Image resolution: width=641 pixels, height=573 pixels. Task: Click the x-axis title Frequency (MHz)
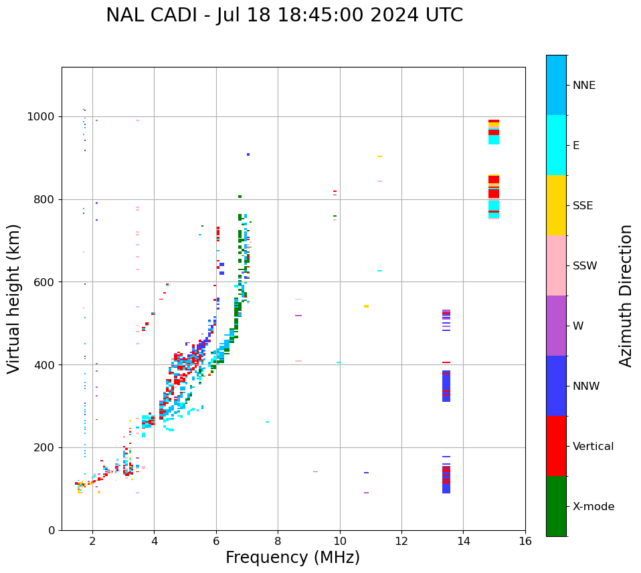click(x=292, y=558)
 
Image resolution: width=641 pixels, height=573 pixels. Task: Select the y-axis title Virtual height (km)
click(x=14, y=299)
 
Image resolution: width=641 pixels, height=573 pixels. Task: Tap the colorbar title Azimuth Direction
click(x=626, y=296)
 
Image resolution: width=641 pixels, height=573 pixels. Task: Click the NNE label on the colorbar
click(x=584, y=86)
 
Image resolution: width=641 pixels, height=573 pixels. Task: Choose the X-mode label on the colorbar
click(x=593, y=507)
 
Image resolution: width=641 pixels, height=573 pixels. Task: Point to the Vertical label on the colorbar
click(x=593, y=447)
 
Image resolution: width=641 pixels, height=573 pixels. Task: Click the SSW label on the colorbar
click(x=585, y=266)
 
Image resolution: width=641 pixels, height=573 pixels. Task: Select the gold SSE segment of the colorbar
click(x=556, y=205)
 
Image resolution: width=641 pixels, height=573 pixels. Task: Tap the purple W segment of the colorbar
click(x=556, y=326)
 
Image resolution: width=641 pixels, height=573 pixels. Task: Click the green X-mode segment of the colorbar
click(x=556, y=506)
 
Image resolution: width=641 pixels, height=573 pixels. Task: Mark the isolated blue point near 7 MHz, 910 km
click(x=248, y=154)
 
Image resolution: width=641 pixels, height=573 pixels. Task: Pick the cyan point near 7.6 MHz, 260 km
click(x=268, y=422)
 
